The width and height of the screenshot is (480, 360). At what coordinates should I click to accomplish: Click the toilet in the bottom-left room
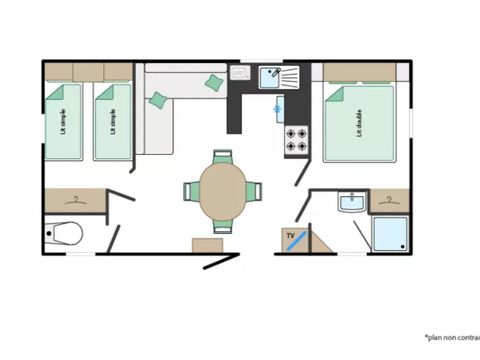click(66, 234)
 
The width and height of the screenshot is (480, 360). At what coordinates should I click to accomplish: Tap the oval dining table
click(222, 191)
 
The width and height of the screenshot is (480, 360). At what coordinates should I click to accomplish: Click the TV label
click(291, 237)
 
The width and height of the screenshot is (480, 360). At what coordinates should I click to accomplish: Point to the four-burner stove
click(297, 140)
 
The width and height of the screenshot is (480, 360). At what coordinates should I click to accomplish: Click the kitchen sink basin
click(271, 75)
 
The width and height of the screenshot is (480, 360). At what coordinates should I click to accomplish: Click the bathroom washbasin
click(351, 203)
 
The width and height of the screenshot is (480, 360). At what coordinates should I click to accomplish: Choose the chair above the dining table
click(222, 156)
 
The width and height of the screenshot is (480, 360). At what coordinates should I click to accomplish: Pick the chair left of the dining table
click(189, 191)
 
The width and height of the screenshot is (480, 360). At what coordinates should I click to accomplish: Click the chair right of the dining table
click(256, 191)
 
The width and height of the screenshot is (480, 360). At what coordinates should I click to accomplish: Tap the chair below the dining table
click(222, 227)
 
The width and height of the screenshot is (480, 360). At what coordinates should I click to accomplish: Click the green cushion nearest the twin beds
click(158, 100)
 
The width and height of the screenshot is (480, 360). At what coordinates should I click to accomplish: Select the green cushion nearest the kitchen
click(214, 83)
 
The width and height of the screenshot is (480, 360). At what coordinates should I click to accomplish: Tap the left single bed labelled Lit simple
click(63, 122)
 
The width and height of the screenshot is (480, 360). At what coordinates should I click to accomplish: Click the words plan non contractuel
click(451, 338)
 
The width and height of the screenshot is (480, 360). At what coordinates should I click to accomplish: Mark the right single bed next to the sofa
click(112, 122)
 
